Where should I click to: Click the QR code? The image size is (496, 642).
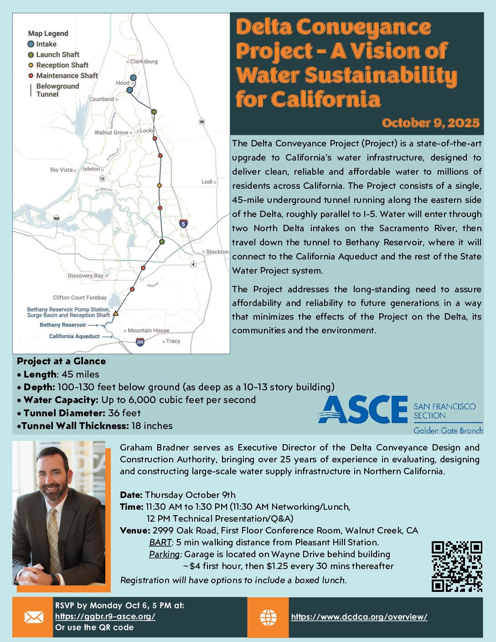[x=457, y=566]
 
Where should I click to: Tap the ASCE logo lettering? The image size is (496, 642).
[x=362, y=409]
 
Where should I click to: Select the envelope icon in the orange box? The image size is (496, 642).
[x=34, y=617]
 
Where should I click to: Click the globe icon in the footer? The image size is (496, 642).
[x=268, y=617]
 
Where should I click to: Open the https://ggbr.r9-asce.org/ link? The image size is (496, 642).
[x=105, y=616]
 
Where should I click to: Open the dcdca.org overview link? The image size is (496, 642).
[x=359, y=617]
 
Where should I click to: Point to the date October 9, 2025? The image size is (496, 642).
[x=431, y=123]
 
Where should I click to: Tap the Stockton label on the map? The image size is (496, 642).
[x=217, y=252]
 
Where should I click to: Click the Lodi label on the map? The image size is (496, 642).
[x=207, y=181]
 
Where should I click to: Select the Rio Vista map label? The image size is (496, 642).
[x=62, y=170]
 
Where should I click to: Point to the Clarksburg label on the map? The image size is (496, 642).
[x=144, y=62]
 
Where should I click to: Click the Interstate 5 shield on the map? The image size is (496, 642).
[x=183, y=223]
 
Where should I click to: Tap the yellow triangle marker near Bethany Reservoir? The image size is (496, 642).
[x=116, y=313]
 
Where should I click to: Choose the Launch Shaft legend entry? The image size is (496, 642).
[x=57, y=55]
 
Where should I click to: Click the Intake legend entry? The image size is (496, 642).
[x=46, y=44]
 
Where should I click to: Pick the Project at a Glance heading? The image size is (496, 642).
[x=61, y=361]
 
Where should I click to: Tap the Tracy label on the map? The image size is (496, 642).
[x=173, y=341]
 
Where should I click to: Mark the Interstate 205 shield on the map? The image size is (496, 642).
[x=140, y=342]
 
